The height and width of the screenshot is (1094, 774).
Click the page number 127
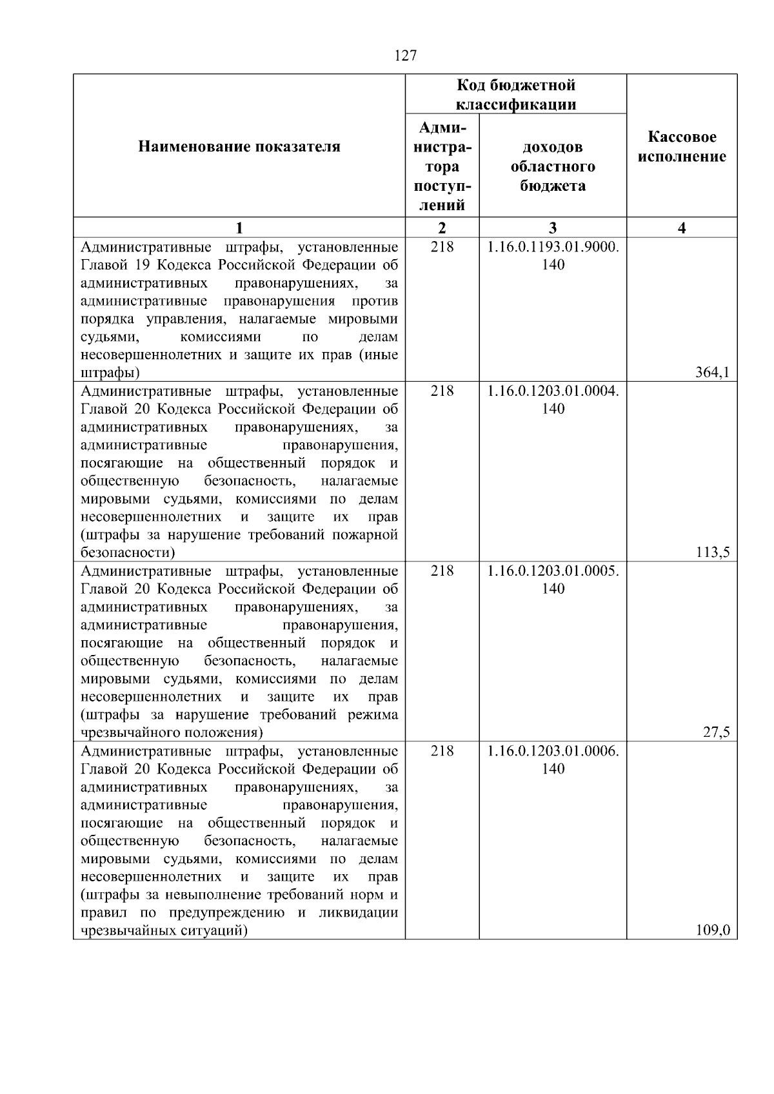coord(405,56)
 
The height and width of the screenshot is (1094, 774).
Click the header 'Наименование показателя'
coord(239,147)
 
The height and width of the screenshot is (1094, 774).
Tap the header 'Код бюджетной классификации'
coord(515,95)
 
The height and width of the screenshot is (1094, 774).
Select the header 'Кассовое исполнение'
coord(682,147)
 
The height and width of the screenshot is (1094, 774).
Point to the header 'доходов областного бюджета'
coord(553,167)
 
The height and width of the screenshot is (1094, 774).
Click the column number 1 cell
coord(239,228)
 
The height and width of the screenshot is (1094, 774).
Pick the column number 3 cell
coord(553,228)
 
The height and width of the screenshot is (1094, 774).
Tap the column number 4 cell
coord(682,228)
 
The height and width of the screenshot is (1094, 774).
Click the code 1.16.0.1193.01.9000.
coord(553,248)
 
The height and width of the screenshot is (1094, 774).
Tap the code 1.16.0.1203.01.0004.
coord(553,391)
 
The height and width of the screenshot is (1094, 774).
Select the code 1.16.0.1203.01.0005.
coord(553,571)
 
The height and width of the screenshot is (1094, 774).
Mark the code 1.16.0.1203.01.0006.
coord(553,751)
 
